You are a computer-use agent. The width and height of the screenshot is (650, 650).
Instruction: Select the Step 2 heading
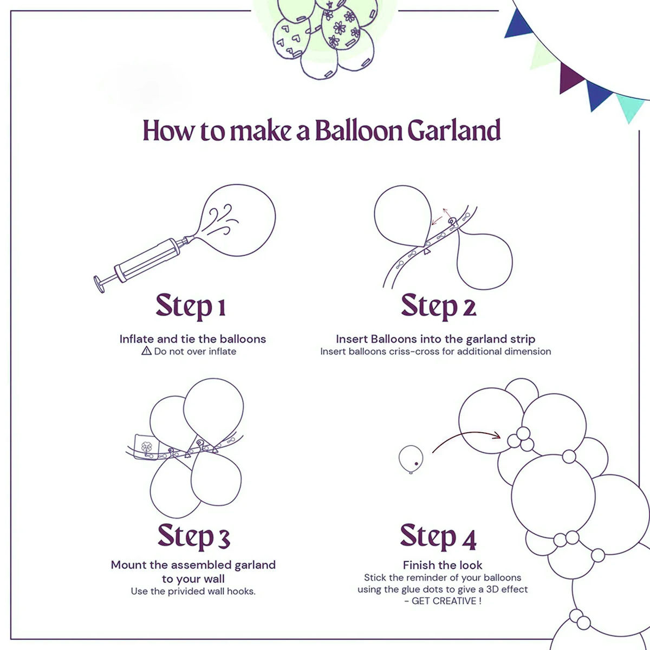click(x=438, y=306)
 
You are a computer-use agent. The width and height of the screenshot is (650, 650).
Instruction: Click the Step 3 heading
click(x=194, y=536)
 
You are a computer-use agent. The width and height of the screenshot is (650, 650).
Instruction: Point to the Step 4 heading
click(x=438, y=536)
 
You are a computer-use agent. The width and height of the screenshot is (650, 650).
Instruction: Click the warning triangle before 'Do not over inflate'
click(x=146, y=351)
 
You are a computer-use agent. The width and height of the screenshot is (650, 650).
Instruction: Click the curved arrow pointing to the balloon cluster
click(x=466, y=436)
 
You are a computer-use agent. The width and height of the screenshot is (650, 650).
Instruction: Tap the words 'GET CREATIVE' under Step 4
click(x=444, y=601)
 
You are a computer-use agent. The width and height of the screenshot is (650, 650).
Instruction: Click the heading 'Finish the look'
click(x=443, y=565)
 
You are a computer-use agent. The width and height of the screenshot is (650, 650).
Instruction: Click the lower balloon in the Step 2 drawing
click(x=485, y=260)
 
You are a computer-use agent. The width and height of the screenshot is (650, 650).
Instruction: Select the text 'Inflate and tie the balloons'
click(x=193, y=339)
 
